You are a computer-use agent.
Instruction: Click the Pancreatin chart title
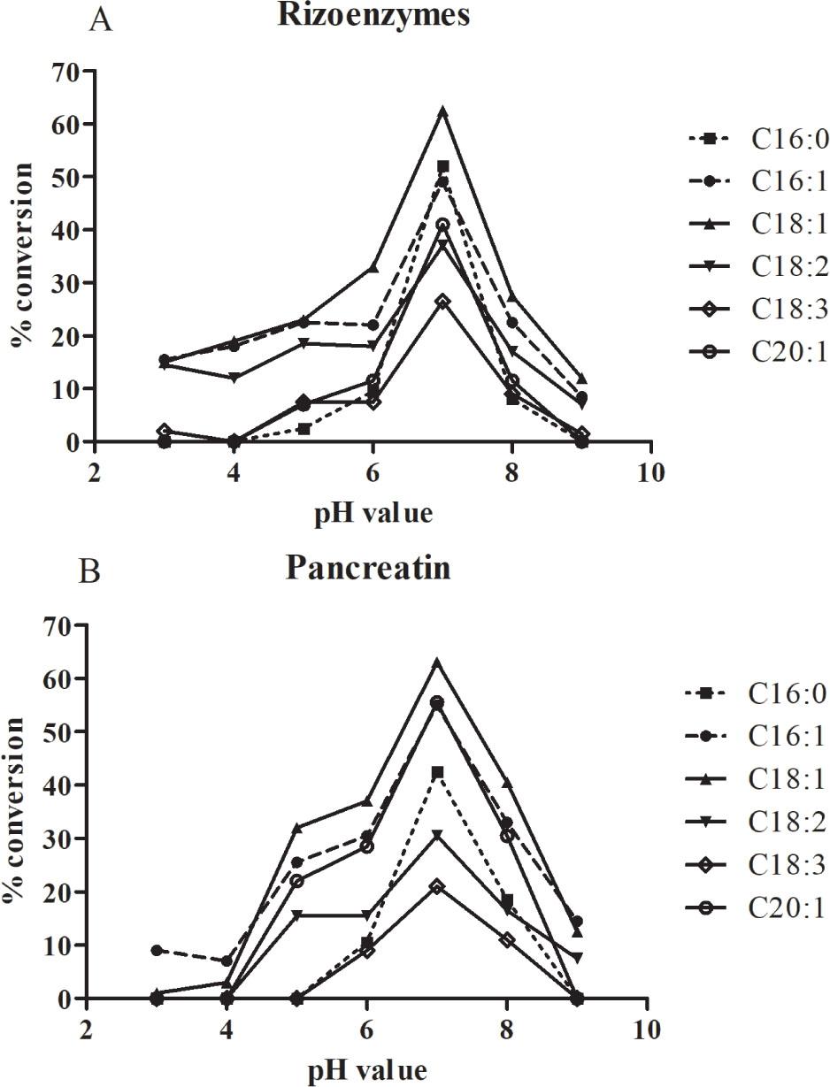click(x=368, y=568)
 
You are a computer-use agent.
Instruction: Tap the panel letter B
click(x=90, y=572)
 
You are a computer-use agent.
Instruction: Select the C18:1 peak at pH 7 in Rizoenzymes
click(x=443, y=112)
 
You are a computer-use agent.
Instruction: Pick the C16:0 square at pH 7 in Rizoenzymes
click(x=443, y=166)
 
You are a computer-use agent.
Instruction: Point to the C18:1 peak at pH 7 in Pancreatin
click(x=436, y=662)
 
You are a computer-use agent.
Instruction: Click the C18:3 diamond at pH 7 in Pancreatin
click(x=436, y=886)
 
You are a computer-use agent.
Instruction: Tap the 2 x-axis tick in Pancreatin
click(x=86, y=1030)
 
